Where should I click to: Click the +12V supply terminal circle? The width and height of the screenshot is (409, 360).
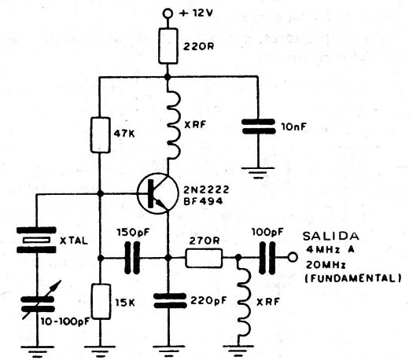(x=168, y=13)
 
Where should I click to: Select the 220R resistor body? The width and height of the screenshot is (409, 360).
(x=168, y=46)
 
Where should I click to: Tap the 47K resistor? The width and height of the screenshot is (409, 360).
(x=100, y=135)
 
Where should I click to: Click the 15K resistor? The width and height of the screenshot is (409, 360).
(x=101, y=301)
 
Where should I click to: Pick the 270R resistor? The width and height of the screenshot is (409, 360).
(x=204, y=258)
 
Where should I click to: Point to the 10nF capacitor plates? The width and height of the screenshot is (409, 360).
(x=258, y=127)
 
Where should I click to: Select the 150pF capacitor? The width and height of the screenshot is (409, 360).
(x=132, y=258)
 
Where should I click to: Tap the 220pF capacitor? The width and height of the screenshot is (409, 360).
(x=169, y=300)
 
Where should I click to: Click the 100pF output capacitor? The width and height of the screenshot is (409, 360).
(x=267, y=258)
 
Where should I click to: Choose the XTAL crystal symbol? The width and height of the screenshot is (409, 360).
(x=36, y=240)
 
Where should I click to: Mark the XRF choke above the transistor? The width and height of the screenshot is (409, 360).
(x=173, y=124)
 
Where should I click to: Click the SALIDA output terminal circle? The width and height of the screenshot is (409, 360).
(x=293, y=258)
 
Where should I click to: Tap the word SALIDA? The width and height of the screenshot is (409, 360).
(x=331, y=237)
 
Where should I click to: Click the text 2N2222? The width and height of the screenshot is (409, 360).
(x=206, y=189)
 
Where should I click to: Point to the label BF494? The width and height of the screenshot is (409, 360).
(x=203, y=201)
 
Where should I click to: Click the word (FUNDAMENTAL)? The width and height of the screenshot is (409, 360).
(x=353, y=277)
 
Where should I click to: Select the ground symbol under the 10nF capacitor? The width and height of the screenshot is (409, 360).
(x=258, y=172)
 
